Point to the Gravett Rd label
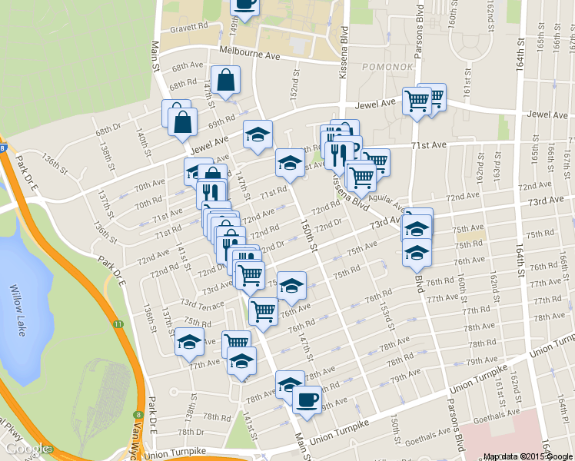pyautogui.click(x=189, y=26)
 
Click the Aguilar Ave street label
pyautogui.click(x=387, y=201)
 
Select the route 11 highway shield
pyautogui.click(x=117, y=326)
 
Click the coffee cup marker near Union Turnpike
pyautogui.click(x=307, y=400)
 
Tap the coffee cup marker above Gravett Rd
pyautogui.click(x=244, y=4)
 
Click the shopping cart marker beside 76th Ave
pyautogui.click(x=263, y=311)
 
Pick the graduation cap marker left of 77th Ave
pyautogui.click(x=189, y=342)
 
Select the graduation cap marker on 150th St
pyautogui.click(x=290, y=163)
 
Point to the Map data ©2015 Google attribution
pyautogui.click(x=528, y=456)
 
